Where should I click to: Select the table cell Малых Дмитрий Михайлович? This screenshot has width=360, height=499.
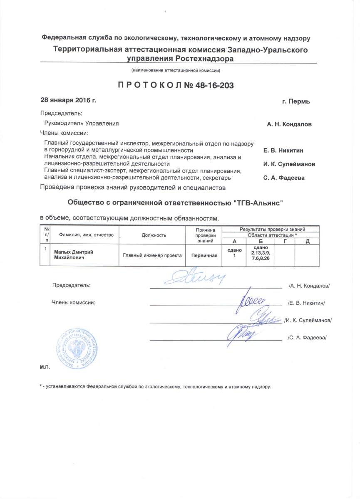click(73, 255)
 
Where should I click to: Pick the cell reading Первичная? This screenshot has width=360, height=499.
click(204, 255)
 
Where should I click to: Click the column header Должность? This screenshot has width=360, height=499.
click(154, 235)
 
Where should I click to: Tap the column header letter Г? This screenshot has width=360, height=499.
click(285, 242)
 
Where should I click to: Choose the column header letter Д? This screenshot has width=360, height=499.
click(307, 242)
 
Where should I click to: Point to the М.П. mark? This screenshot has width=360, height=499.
click(45, 368)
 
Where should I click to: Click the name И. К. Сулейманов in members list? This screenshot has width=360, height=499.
click(289, 164)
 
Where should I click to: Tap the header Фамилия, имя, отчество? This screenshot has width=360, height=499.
click(86, 235)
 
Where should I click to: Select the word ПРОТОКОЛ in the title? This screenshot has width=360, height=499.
click(149, 86)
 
